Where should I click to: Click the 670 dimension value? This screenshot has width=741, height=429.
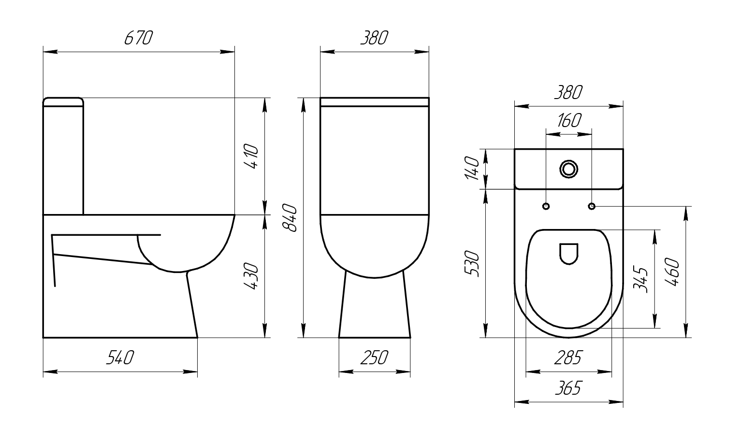[x=139, y=38]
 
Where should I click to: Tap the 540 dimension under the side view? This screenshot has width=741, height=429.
[x=120, y=357]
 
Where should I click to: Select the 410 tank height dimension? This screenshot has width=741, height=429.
[x=251, y=157]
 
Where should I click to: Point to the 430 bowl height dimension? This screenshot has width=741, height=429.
[x=251, y=276]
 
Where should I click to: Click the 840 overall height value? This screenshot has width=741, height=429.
[x=290, y=218]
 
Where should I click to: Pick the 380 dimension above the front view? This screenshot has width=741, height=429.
[x=374, y=38]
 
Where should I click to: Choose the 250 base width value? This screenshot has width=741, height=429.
[x=374, y=357]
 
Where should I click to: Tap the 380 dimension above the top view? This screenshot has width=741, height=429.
[x=568, y=93]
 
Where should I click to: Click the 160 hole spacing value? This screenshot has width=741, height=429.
[x=569, y=120]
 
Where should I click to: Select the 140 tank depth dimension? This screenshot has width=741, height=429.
[x=472, y=168]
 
